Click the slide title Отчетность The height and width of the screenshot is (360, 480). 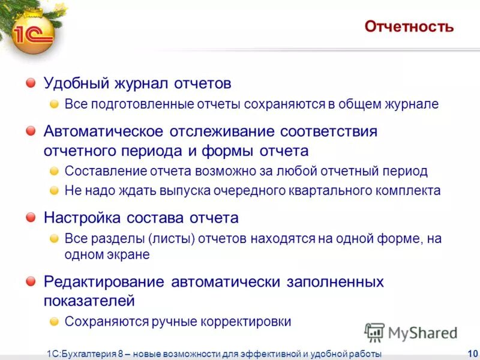pos(409,27)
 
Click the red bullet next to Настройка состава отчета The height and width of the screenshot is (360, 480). pos(31,217)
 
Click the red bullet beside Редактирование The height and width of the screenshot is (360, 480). pos(31,281)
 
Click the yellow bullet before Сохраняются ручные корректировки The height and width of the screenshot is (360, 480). pos(54,321)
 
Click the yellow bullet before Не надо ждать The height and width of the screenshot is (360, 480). pos(54,190)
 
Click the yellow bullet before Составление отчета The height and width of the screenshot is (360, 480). pos(54,170)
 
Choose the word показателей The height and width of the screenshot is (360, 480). pos(89,300)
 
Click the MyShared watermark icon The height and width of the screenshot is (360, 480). pos(374,332)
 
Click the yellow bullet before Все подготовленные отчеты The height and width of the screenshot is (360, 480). pos(54,104)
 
